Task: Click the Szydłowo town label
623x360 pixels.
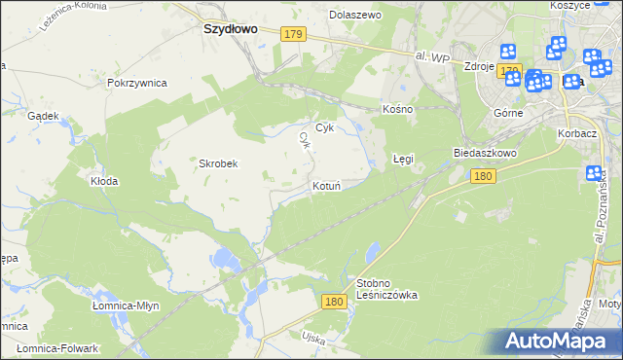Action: pos(230,29)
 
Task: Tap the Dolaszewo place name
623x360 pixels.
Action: pos(355,16)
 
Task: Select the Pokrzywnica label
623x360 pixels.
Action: pos(137,84)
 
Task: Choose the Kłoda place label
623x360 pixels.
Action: pos(104,181)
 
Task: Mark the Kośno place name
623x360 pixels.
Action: pos(398,109)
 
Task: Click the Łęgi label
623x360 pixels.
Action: pos(403,158)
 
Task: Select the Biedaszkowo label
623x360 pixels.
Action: pos(484,154)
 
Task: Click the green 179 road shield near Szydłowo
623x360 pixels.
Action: pos(294,34)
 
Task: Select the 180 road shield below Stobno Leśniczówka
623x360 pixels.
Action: pos(335,303)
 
